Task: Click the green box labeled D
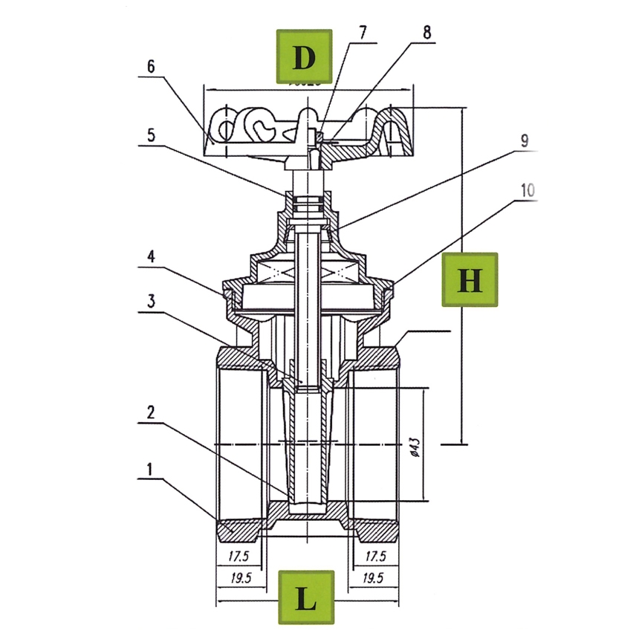pos(305,56)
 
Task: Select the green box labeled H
pos(470,279)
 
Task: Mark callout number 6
pos(150,65)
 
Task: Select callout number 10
pos(527,190)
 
